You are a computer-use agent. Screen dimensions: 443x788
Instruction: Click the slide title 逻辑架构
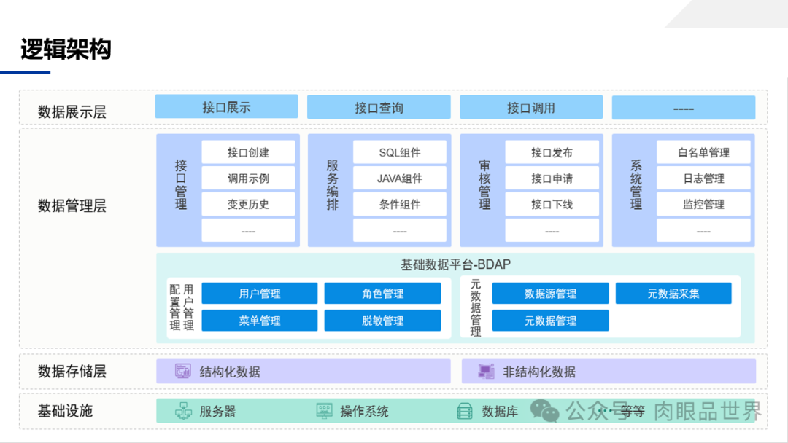click(66, 50)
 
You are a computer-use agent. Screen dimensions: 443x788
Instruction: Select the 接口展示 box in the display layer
click(226, 107)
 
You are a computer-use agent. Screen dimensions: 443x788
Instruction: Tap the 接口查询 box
click(379, 108)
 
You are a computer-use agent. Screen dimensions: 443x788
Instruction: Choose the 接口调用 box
click(531, 108)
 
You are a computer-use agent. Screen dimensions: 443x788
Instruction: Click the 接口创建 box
click(248, 152)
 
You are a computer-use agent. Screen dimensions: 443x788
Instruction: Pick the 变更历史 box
click(248, 205)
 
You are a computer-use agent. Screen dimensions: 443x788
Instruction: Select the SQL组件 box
click(400, 152)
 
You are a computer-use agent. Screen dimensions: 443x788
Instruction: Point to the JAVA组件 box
click(400, 179)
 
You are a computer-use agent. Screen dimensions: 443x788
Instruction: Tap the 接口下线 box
click(552, 205)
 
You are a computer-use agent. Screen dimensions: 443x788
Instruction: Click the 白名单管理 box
click(703, 152)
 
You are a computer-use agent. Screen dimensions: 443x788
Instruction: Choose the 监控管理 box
click(703, 205)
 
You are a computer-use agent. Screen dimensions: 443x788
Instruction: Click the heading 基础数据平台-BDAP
click(455, 264)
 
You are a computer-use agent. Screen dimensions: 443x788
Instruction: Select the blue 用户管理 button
click(260, 294)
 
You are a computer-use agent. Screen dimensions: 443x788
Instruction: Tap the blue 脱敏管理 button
click(382, 321)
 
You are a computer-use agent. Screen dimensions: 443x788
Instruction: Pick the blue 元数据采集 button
click(673, 294)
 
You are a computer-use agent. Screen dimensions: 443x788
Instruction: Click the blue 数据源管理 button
click(550, 294)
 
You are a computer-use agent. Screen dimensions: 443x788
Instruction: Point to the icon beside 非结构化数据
click(486, 372)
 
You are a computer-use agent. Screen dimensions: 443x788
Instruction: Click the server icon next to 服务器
click(183, 411)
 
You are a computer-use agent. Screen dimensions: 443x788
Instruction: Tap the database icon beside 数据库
click(465, 411)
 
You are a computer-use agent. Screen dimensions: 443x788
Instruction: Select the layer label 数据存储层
click(72, 372)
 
